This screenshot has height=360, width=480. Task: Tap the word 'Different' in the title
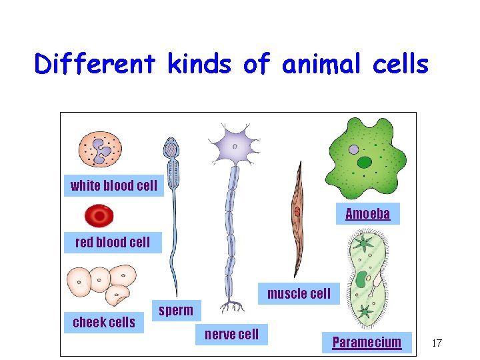(95, 65)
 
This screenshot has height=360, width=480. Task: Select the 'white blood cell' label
(114, 186)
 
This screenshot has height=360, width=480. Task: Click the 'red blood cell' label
(113, 242)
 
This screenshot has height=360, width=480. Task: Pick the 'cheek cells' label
(104, 323)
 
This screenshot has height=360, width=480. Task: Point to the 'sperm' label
(176, 310)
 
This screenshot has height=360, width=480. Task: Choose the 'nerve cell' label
(231, 334)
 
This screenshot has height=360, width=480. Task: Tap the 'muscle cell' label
(299, 293)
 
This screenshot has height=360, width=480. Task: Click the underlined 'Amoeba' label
(367, 214)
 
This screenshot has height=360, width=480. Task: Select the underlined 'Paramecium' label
(367, 343)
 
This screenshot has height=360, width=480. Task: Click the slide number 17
(437, 343)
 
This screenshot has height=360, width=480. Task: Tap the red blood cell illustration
(99, 215)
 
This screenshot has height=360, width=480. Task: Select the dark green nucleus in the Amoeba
(365, 162)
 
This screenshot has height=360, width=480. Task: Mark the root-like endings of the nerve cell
(231, 307)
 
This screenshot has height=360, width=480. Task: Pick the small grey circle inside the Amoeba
(354, 150)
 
